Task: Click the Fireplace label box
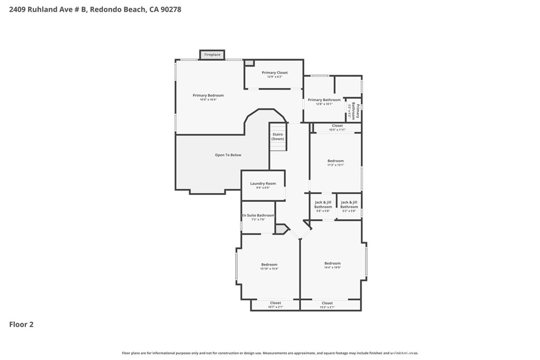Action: [212, 55]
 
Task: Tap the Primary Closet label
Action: [274, 73]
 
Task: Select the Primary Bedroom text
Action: [208, 95]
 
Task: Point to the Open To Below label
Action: [228, 155]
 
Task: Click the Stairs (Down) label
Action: [277, 137]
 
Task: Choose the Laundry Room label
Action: [263, 183]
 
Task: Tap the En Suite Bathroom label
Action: [258, 216]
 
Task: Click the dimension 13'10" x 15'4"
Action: [269, 269]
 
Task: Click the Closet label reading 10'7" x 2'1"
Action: [275, 305]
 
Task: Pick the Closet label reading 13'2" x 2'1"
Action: [327, 305]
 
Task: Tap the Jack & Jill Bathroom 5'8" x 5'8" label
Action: [323, 205]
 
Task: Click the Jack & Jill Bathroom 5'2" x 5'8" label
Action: [349, 205]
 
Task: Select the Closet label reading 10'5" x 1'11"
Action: [337, 128]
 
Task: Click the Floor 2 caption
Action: [22, 325]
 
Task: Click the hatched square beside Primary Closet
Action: [249, 63]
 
